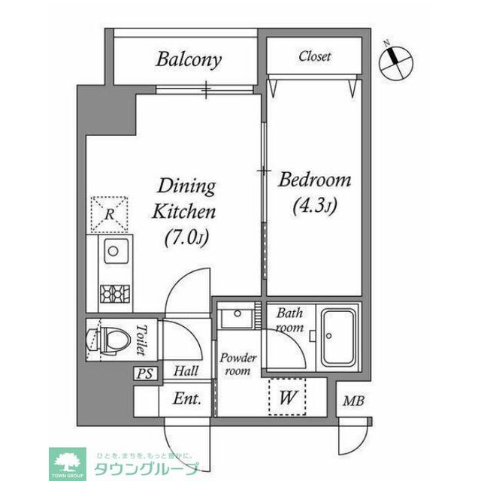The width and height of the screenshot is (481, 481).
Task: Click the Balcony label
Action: pyautogui.click(x=189, y=60)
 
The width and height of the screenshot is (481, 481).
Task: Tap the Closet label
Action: pyautogui.click(x=315, y=56)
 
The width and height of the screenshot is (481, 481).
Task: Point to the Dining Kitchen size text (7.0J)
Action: pyautogui.click(x=186, y=237)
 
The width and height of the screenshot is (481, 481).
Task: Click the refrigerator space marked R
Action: pyautogui.click(x=109, y=213)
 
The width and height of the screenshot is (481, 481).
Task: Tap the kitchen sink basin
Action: pyautogui.click(x=116, y=251)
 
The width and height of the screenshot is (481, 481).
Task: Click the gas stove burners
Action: pyautogui.click(x=115, y=294)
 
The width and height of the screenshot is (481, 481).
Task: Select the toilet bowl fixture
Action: pyautogui.click(x=107, y=340)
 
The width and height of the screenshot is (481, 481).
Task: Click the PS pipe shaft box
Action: pyautogui.click(x=145, y=374)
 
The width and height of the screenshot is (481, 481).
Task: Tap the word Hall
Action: pyautogui.click(x=186, y=371)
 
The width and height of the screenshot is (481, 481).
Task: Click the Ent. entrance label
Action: pyautogui.click(x=187, y=398)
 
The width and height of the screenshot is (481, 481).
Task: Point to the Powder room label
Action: pyautogui.click(x=238, y=364)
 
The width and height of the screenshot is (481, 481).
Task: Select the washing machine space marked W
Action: pyautogui.click(x=287, y=397)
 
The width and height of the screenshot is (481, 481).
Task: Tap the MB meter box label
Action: pyautogui.click(x=353, y=401)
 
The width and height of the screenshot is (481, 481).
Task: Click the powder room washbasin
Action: pyautogui.click(x=237, y=316)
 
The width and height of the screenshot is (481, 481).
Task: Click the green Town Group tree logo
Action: pyautogui.click(x=68, y=464)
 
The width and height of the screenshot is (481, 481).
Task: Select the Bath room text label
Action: pyautogui.click(x=290, y=320)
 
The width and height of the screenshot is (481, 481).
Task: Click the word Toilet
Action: pyautogui.click(x=141, y=340)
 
